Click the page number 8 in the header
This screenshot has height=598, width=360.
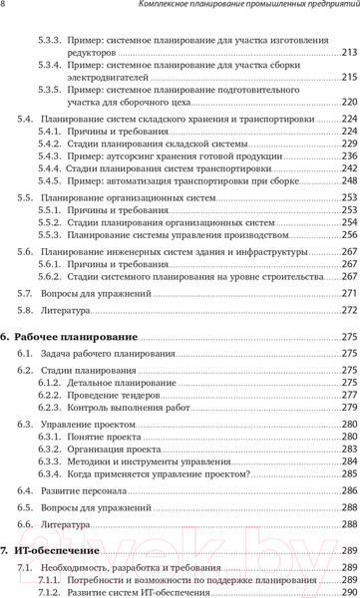4,7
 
